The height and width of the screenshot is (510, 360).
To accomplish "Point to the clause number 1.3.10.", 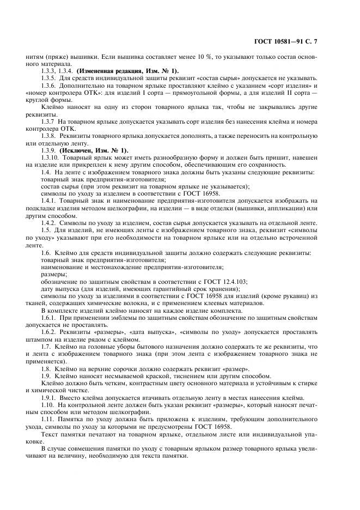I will click(x=52, y=157).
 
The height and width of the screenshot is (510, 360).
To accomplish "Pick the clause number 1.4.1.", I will click(x=50, y=201).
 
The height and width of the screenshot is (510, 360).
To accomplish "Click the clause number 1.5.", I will click(x=46, y=229).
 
